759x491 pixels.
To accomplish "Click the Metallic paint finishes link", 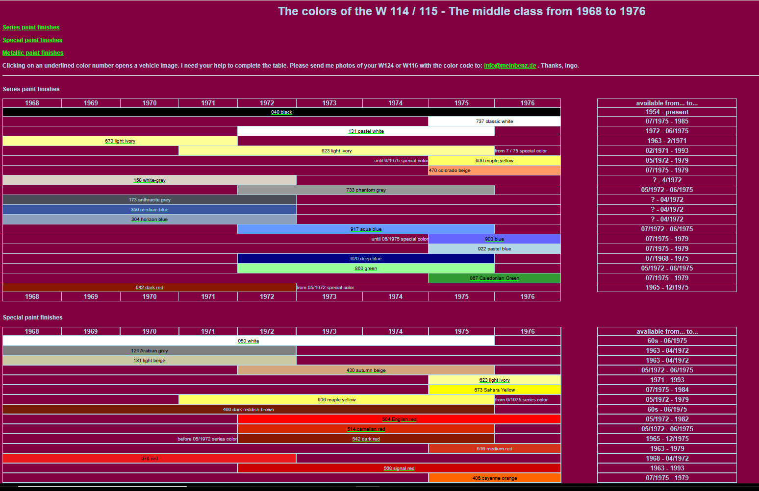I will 33,53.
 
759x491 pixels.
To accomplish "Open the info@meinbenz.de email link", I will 510,66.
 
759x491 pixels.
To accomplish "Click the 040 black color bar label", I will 281,112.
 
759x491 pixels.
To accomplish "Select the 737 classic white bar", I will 494,122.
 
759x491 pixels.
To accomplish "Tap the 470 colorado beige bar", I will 494,171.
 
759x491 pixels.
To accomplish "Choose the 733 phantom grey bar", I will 366,190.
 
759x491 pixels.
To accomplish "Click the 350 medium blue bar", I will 149,210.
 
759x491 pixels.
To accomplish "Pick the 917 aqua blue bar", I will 366,229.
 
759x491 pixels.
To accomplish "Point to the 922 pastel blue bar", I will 494,249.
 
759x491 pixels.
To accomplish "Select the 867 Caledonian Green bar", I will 494,278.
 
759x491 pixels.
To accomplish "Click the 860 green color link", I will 366,269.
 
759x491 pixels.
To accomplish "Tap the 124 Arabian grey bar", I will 149,351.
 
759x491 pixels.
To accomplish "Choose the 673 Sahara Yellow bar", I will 494,390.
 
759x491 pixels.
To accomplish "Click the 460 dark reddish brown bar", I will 248,410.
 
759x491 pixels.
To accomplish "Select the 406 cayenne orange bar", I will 494,478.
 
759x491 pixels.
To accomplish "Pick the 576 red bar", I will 149,459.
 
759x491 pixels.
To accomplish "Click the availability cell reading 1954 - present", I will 667,112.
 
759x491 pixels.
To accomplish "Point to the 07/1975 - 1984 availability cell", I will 667,390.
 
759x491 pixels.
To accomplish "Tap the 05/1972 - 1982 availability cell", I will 667,419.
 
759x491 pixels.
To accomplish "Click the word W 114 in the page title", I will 392,11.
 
